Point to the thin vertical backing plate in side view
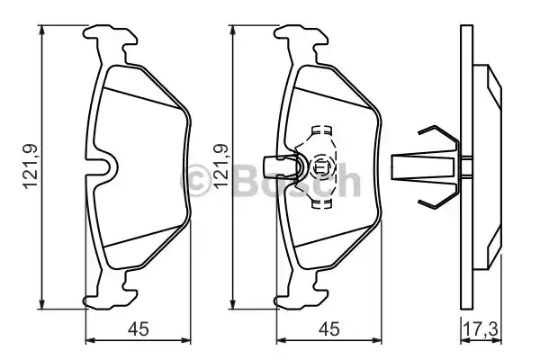point(465,166)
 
